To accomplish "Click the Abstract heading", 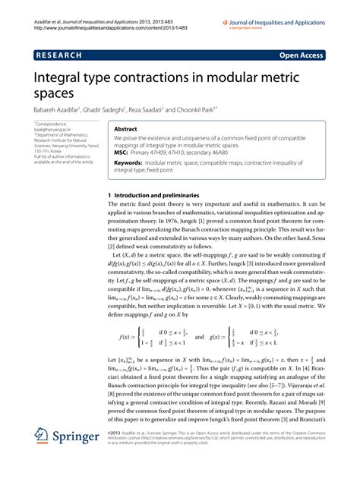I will coord(126,129).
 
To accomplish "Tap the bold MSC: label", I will coord(122,152).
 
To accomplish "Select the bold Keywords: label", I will coord(131,162).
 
